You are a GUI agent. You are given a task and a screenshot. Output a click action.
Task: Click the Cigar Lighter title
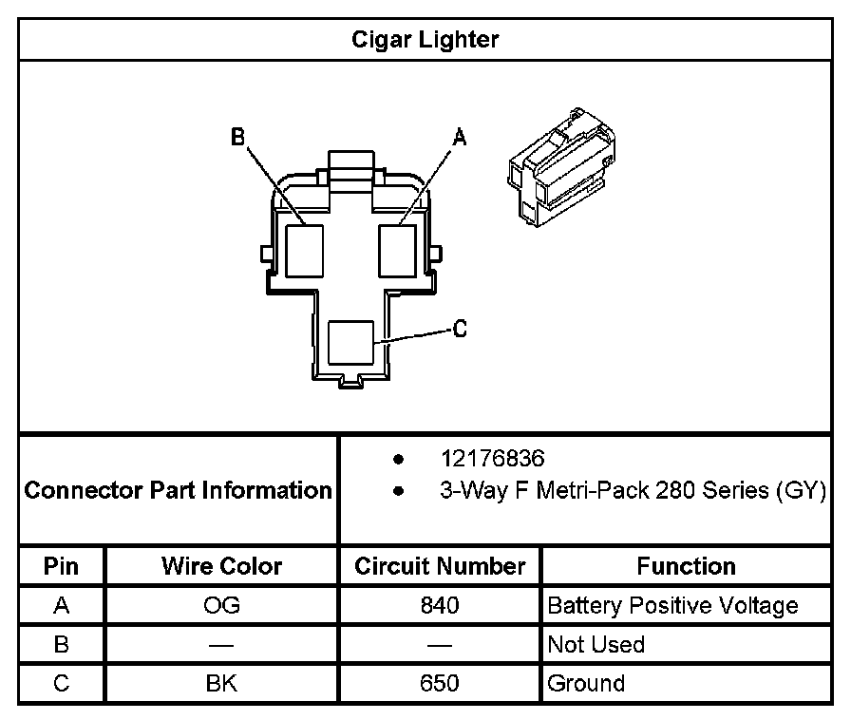tap(425, 40)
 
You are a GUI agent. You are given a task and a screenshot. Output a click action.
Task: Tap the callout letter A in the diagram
tap(460, 139)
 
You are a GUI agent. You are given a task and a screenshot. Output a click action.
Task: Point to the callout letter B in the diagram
tap(238, 138)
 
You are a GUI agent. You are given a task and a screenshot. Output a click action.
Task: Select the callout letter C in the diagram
tap(460, 330)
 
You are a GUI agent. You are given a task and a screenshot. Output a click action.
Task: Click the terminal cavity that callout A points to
tap(398, 249)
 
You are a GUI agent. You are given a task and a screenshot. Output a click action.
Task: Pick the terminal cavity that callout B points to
tap(305, 249)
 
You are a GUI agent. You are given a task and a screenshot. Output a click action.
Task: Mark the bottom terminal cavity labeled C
tap(350, 342)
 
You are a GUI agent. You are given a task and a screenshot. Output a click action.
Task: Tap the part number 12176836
tap(492, 459)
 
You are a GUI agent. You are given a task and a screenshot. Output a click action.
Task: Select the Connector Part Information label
tap(178, 490)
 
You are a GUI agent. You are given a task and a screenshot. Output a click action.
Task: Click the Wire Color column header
tap(221, 567)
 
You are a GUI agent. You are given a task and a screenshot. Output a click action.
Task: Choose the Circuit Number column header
tap(440, 567)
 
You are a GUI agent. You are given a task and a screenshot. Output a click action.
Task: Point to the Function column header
tap(686, 567)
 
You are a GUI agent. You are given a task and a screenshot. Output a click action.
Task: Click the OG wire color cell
tap(221, 606)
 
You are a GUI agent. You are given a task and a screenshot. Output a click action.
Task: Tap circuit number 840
tap(439, 606)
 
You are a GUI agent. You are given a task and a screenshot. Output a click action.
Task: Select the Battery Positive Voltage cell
tap(672, 606)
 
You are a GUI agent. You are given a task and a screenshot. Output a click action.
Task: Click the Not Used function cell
tap(596, 645)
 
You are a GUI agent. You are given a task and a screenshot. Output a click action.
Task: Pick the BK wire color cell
tap(221, 684)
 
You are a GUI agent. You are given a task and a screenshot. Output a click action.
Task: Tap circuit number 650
tap(439, 684)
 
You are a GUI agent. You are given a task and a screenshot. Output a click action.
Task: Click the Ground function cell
tap(586, 684)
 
